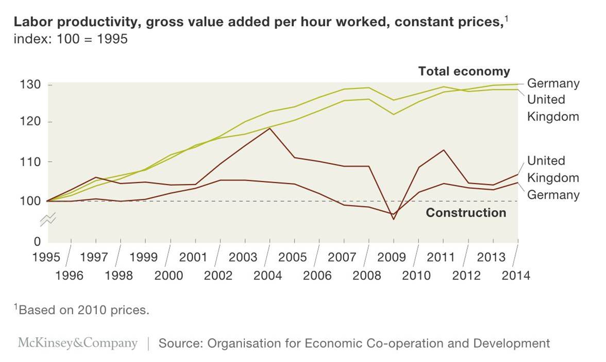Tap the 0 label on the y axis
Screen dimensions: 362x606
point(37,241)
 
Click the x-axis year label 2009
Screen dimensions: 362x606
point(392,257)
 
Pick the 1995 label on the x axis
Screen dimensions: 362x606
point(46,257)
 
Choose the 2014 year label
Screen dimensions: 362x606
point(516,275)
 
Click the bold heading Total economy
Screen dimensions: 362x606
point(464,71)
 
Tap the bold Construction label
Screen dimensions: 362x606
point(466,213)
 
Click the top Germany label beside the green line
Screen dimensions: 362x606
point(553,83)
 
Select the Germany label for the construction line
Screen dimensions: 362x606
point(553,195)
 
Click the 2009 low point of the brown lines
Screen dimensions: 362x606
point(394,219)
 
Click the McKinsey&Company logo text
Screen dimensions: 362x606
point(78,343)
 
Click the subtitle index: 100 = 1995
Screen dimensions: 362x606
point(71,39)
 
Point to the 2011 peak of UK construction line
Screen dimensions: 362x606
point(443,150)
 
